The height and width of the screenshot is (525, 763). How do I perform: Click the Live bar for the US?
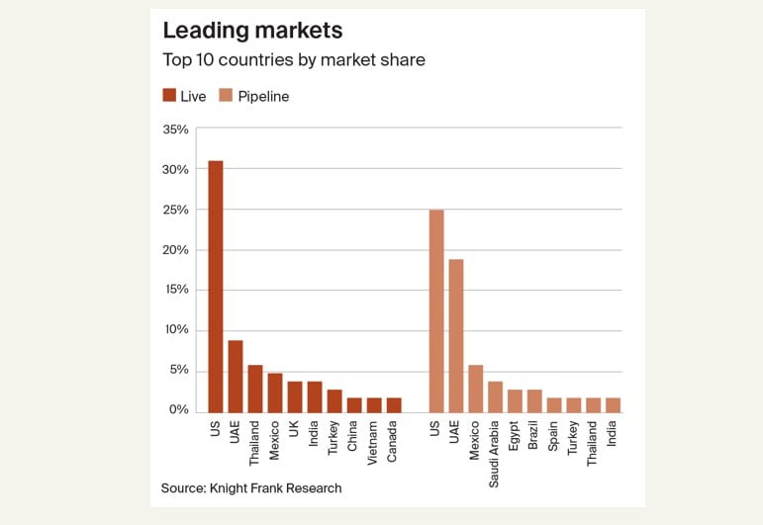[x=215, y=287]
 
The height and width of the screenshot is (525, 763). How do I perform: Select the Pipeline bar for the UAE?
[x=455, y=336]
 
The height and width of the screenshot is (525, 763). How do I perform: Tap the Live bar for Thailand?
[x=254, y=389]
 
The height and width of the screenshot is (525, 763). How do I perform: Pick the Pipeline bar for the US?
[x=435, y=311]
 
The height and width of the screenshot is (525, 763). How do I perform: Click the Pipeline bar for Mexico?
[x=475, y=389]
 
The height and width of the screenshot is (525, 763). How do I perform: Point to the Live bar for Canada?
[x=393, y=404]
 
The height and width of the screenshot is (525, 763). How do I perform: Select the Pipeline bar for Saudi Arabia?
[x=495, y=396]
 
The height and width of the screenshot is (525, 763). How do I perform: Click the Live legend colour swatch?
[x=169, y=96]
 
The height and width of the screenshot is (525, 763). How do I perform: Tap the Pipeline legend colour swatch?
[x=225, y=96]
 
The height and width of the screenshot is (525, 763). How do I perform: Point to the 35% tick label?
[x=174, y=130]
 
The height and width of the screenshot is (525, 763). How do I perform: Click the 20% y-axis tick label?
[x=174, y=250]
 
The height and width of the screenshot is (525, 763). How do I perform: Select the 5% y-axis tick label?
[x=178, y=371]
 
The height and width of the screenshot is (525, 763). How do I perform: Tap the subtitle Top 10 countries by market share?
[x=293, y=60]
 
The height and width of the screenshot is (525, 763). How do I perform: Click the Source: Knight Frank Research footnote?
[x=251, y=488]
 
